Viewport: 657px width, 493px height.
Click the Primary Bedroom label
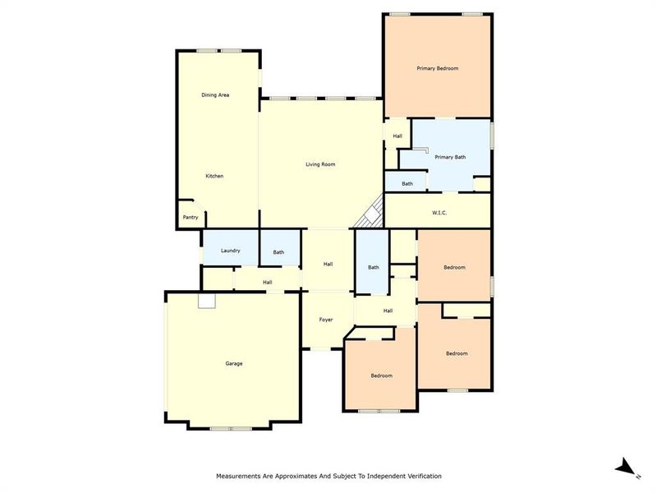coord(437,68)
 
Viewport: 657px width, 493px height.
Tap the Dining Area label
coord(215,95)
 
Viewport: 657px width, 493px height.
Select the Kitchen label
coord(214,176)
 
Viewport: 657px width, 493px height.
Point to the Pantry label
coord(191,218)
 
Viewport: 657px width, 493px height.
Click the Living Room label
coord(320,164)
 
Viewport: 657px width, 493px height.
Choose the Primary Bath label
coord(450,157)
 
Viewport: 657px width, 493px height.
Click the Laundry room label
coord(230,250)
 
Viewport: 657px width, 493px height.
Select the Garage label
coord(234,363)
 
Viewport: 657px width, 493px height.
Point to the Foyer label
coord(326,319)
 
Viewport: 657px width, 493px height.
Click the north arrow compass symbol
coord(627,467)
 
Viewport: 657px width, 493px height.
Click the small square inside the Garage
coord(206,302)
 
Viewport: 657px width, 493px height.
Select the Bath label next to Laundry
coord(278,252)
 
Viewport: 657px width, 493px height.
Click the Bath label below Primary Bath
coord(407,184)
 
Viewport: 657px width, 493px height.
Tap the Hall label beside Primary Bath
coord(397,136)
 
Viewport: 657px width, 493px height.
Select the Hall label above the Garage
coord(268,283)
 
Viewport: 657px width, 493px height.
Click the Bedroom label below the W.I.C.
coord(455,267)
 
